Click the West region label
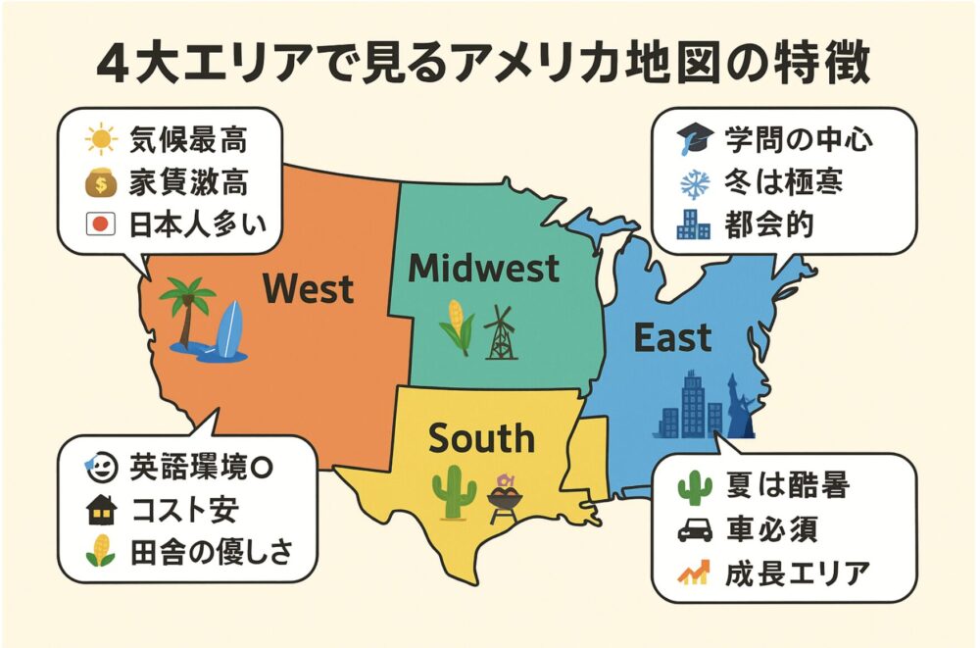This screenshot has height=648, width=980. click(x=309, y=289)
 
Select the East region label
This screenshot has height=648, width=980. click(x=672, y=338)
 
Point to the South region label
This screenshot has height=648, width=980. click(x=481, y=438)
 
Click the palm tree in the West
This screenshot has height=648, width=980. click(x=185, y=309)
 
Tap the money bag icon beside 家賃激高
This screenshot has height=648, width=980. click(x=101, y=183)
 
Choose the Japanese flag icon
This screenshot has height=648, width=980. click(x=101, y=224)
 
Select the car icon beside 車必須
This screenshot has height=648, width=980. click(x=694, y=530)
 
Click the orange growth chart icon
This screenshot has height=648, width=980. click(x=694, y=572)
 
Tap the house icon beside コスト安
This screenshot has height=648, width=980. click(x=101, y=511)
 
